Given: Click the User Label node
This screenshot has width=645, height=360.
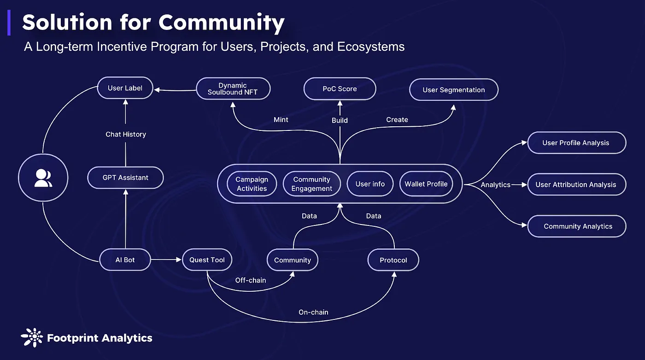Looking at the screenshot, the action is [125, 88].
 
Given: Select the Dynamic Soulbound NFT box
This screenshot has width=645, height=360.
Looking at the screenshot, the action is [233, 89].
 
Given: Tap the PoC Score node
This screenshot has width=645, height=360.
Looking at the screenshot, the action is [340, 89].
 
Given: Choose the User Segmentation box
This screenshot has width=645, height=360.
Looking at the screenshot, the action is [453, 90].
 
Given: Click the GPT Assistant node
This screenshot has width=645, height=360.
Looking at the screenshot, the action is [125, 178].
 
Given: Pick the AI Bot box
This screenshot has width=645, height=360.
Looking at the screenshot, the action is [125, 260].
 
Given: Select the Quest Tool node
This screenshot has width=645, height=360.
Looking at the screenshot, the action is [207, 260].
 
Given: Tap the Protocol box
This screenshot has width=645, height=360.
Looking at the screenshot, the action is [393, 260].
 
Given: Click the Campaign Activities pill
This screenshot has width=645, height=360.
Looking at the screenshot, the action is [252, 184].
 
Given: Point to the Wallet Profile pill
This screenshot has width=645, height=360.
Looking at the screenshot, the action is [426, 184].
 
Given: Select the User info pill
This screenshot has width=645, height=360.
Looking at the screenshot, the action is [370, 184].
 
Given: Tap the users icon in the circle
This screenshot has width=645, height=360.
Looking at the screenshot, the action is [43, 178].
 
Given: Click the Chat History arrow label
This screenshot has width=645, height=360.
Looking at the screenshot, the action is [126, 134].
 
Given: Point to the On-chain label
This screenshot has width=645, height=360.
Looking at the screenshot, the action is [313, 312].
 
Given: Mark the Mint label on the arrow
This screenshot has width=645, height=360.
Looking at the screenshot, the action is [281, 119].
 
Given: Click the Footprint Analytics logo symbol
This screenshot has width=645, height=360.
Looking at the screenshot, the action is [32, 337].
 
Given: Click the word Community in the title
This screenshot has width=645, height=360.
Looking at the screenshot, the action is [222, 23].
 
